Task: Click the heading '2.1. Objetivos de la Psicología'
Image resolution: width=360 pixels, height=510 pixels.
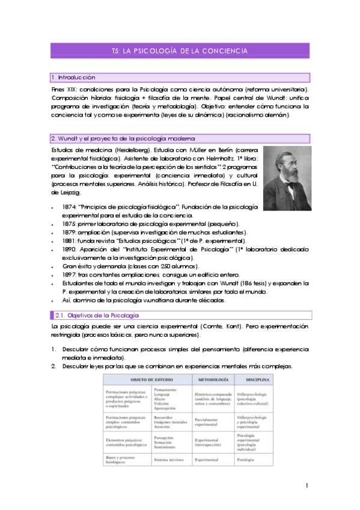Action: click(97, 315)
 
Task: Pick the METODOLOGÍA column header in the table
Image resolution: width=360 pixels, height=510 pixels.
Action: click(212, 381)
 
